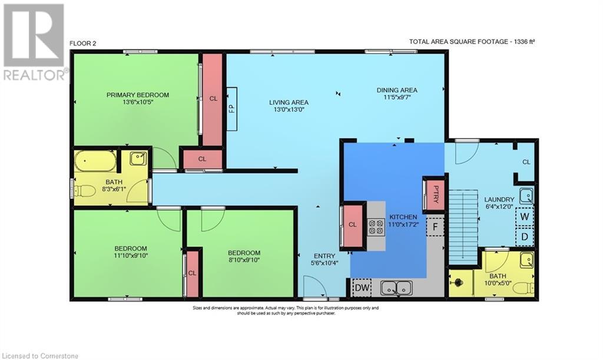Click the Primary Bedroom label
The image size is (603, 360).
pos(138,95)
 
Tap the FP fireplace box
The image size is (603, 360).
pos(231,109)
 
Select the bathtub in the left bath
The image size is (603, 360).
pos(95,161)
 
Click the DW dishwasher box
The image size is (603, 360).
pos(362,288)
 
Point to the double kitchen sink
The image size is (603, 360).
pos(396,288)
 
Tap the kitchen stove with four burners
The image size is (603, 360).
pos(376,226)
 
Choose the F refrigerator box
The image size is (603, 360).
pos(435,226)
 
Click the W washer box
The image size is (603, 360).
pos(525,217)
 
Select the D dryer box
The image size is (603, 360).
pos(525,236)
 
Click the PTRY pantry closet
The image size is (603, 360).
pos(434,194)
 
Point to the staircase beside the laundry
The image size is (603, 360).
pos(463,227)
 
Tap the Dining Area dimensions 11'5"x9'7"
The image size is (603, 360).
pos(397,97)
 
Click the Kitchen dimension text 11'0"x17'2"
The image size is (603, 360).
pos(403,224)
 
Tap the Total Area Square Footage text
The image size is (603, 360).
pos(472,41)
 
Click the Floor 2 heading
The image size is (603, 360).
pos(82,44)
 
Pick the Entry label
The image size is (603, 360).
pos(324,256)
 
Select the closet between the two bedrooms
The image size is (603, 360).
pos(193,273)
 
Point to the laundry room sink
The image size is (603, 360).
pos(526,196)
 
